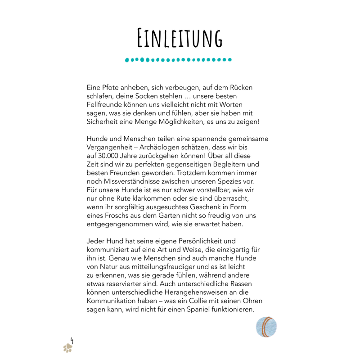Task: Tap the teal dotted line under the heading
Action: point(179,59)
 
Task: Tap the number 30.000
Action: point(111,156)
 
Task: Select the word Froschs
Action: point(118,216)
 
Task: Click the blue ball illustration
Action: point(266,327)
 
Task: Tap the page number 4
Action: point(72,340)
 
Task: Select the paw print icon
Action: point(67,347)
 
